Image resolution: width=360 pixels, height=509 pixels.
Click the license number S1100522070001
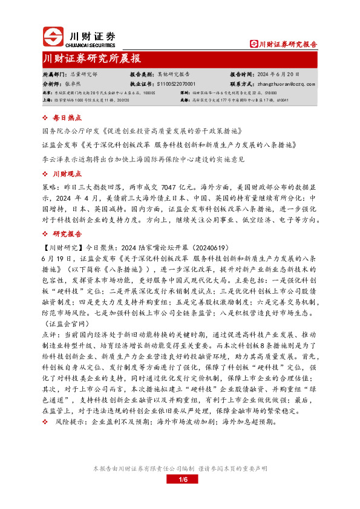175,84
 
